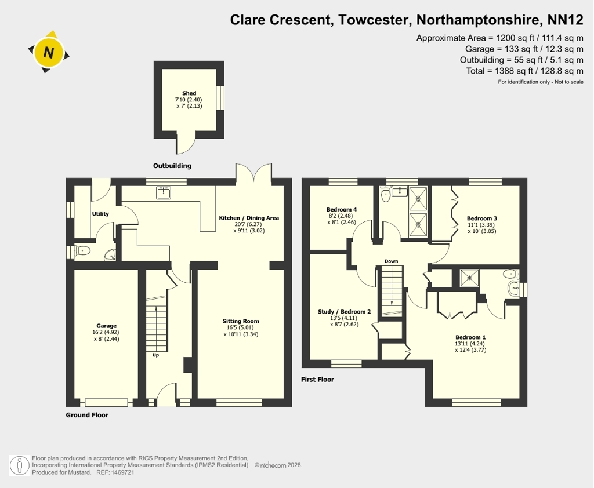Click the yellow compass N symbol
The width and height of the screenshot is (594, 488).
click(x=49, y=52)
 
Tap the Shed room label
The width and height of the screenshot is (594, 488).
click(x=189, y=93)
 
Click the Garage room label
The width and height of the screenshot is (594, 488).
click(x=107, y=326)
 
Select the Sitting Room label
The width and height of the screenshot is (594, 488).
click(x=241, y=321)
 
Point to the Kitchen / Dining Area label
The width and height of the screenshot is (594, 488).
click(x=249, y=218)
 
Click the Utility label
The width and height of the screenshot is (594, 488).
click(x=100, y=213)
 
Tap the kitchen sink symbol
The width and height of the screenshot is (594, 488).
click(x=163, y=192)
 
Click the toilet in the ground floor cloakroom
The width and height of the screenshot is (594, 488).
click(x=82, y=250)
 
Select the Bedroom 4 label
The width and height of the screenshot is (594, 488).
click(x=342, y=209)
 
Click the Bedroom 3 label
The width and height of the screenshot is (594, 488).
click(x=482, y=218)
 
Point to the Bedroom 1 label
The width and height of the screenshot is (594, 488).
click(x=470, y=337)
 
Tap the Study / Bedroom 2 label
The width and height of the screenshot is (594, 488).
click(x=345, y=312)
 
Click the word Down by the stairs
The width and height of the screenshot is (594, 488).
click(x=392, y=261)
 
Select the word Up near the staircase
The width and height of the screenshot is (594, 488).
click(x=155, y=355)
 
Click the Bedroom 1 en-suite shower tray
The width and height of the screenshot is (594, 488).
click(x=469, y=278)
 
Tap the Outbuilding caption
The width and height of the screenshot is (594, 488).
click(x=172, y=165)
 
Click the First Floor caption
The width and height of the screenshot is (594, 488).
click(x=317, y=380)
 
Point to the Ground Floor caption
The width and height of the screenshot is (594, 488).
click(x=87, y=415)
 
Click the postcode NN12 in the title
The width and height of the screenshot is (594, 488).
click(x=566, y=20)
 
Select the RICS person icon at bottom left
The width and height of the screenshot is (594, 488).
click(x=19, y=465)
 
